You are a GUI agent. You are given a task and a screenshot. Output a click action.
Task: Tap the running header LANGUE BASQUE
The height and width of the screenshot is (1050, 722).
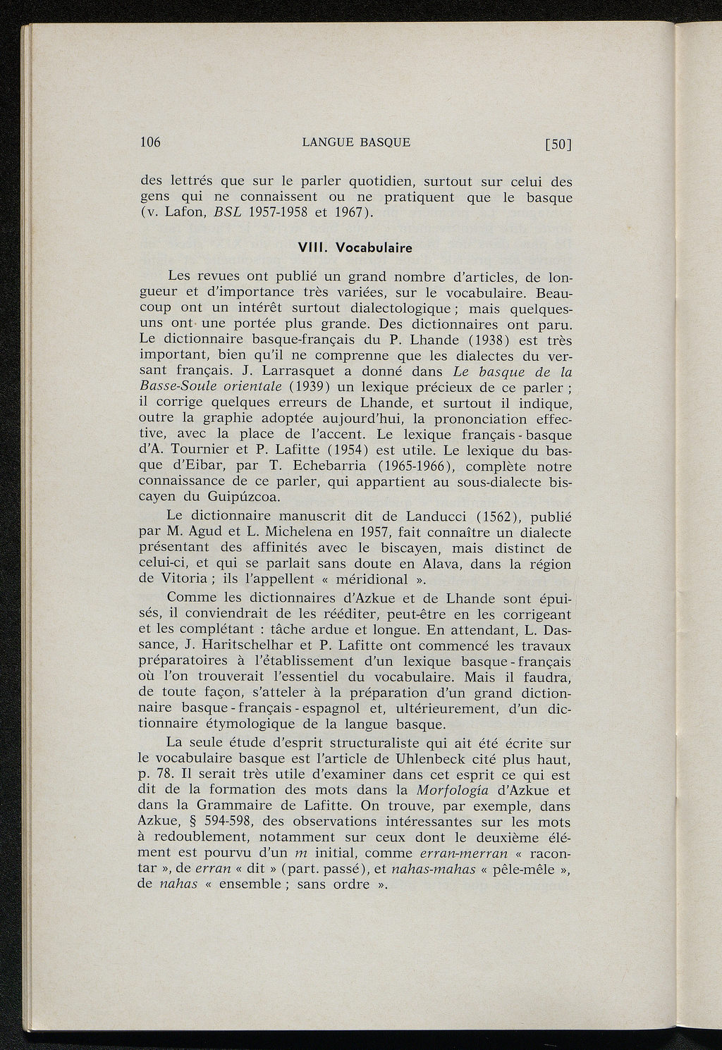tap(356, 142)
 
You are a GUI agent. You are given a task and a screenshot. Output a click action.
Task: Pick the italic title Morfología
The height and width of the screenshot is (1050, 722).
tap(460, 790)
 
